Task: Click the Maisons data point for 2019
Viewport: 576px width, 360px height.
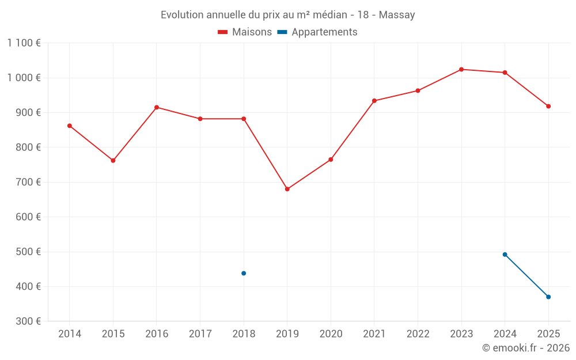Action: [287, 189]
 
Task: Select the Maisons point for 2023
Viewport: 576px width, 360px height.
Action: [461, 69]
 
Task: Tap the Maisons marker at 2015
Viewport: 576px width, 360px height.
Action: [113, 161]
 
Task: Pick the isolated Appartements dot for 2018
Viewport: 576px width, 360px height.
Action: [244, 273]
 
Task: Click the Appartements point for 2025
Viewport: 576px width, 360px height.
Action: [548, 297]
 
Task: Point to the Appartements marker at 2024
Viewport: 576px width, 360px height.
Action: [505, 255]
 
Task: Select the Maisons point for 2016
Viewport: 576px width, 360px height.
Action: [157, 107]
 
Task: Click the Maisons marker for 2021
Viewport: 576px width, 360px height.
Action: [374, 101]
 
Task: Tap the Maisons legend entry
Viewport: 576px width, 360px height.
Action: [245, 32]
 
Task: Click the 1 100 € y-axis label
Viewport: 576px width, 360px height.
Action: [24, 43]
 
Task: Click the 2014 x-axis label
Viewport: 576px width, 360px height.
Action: [70, 334]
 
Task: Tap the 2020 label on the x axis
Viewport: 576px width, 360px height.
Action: [331, 334]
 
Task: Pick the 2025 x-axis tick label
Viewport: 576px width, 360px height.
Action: [548, 334]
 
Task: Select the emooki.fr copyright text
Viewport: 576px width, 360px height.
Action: [526, 348]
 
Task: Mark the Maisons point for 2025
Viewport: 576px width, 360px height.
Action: [548, 106]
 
